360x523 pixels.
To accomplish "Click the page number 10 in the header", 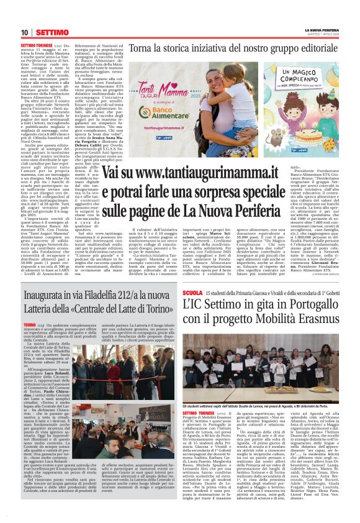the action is (x=24, y=32).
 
